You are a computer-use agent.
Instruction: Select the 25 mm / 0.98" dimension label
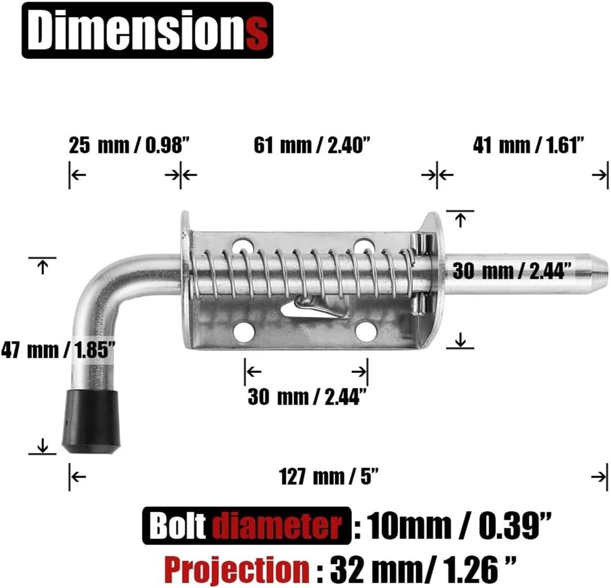point(129,146)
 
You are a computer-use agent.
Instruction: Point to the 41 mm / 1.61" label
point(528,146)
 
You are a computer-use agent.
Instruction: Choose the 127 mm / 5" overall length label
point(328,476)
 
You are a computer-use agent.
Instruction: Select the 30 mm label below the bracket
point(306,397)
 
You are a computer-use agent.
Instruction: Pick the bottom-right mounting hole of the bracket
point(366,331)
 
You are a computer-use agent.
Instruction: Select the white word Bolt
point(178,526)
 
